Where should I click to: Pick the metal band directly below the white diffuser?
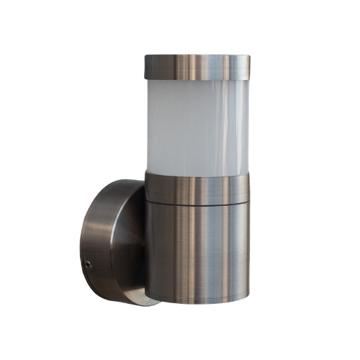coord(196,185)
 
